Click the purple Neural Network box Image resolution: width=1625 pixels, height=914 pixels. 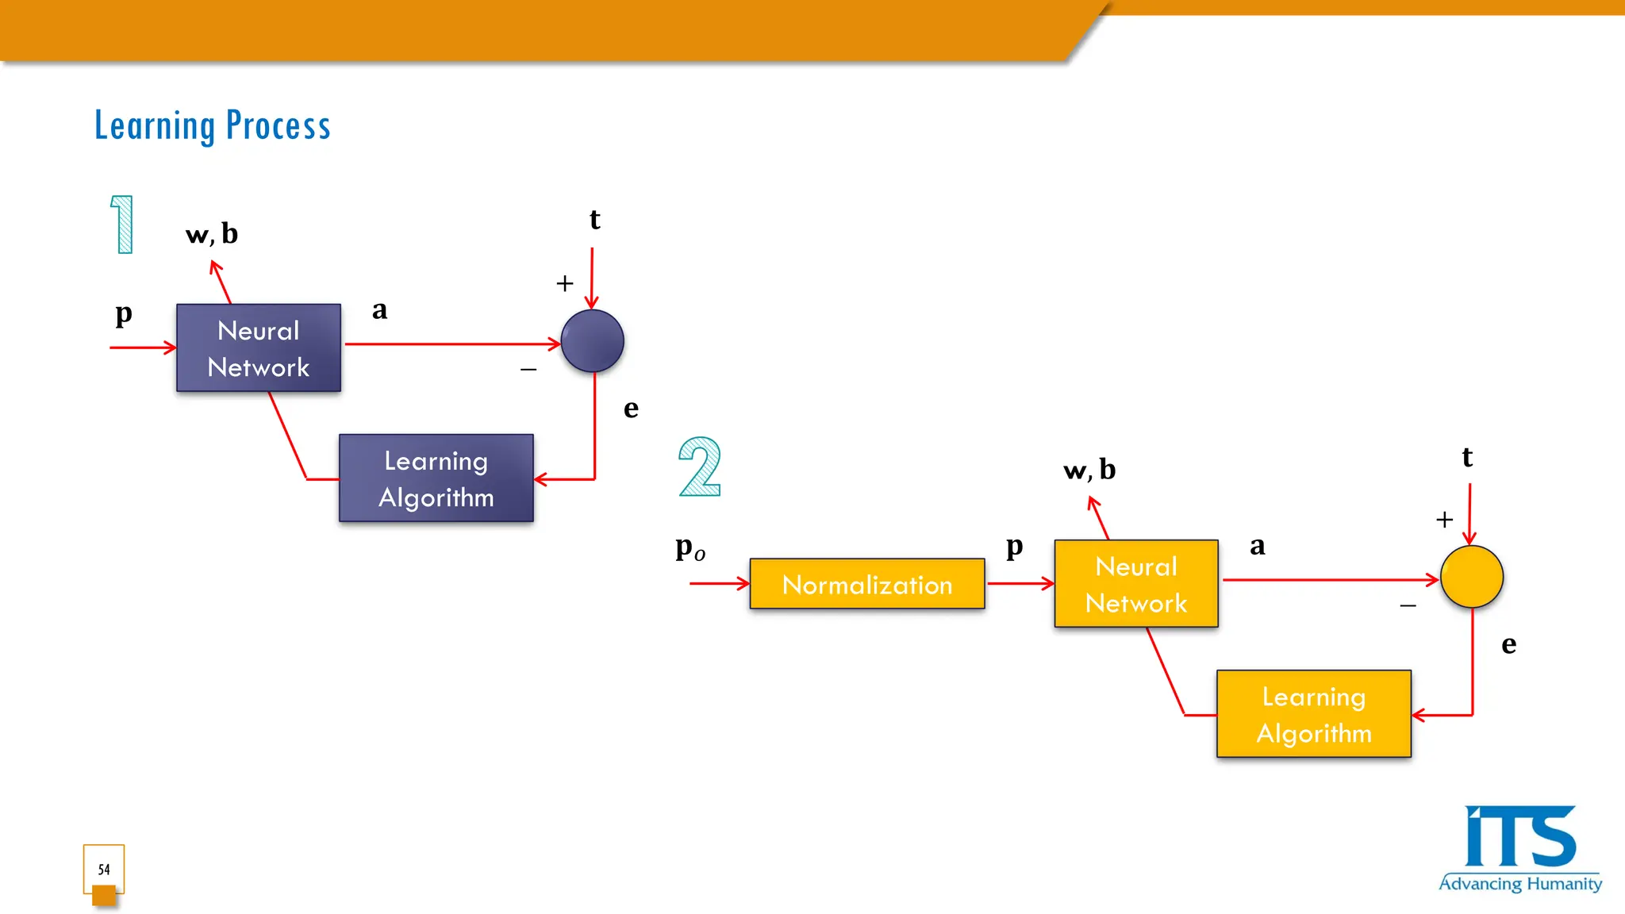point(259,348)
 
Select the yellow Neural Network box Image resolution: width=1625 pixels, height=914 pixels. point(1135,584)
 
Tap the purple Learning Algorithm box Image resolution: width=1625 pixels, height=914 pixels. point(436,478)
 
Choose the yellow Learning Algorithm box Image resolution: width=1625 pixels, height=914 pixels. point(1313,714)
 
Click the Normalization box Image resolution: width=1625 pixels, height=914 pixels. point(866,584)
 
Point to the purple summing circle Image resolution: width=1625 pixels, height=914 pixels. point(592,341)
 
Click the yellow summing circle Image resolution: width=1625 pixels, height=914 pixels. point(1471,577)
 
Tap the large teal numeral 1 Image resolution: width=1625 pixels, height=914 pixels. point(122,225)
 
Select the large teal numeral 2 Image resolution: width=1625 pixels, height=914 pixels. point(700,467)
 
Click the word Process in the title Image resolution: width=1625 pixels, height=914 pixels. point(278,125)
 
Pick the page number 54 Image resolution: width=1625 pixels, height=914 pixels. point(104,870)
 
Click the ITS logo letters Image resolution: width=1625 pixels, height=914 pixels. point(1519,838)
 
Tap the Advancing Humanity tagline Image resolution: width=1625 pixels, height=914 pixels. point(1519,884)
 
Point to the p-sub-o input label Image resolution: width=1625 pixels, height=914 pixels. point(690,548)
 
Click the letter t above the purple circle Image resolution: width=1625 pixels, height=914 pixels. point(594,220)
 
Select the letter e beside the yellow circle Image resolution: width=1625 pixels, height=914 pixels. point(1508,644)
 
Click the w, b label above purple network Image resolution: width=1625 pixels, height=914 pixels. point(211,234)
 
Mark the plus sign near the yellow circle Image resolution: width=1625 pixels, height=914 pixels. point(1444,520)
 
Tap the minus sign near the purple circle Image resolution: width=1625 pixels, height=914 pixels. point(528,370)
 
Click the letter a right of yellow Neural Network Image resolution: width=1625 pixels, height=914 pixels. point(1257,546)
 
